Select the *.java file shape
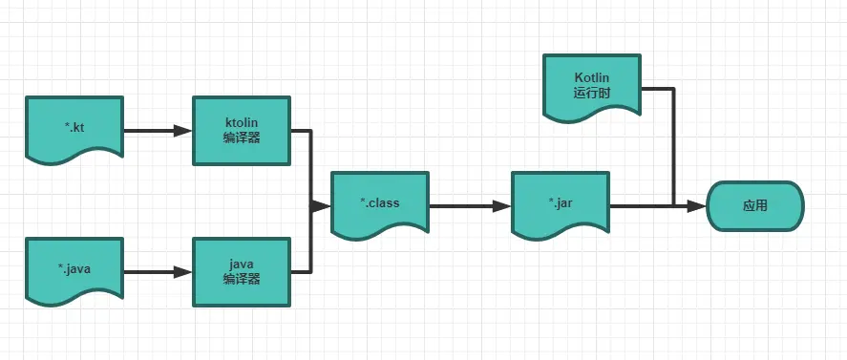point(74,270)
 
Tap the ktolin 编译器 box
point(242,130)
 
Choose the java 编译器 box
point(242,271)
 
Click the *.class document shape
point(380,203)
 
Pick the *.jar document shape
point(561,203)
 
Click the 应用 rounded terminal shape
point(754,205)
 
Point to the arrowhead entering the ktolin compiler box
point(183,131)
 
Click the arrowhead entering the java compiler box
point(183,272)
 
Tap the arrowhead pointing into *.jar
point(501,205)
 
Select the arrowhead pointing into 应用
point(697,205)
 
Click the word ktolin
point(242,122)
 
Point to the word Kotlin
point(591,76)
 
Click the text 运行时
point(591,94)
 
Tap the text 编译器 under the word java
point(242,280)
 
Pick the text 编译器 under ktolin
point(242,138)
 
